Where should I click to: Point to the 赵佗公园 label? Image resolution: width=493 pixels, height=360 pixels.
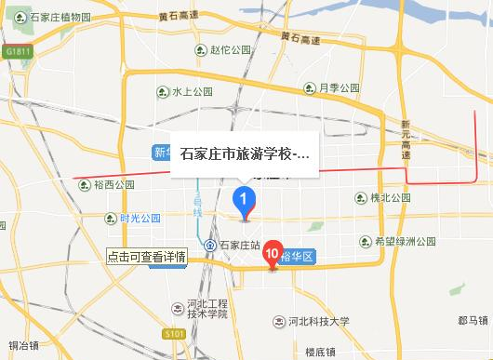pyautogui.click(x=225, y=51)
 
